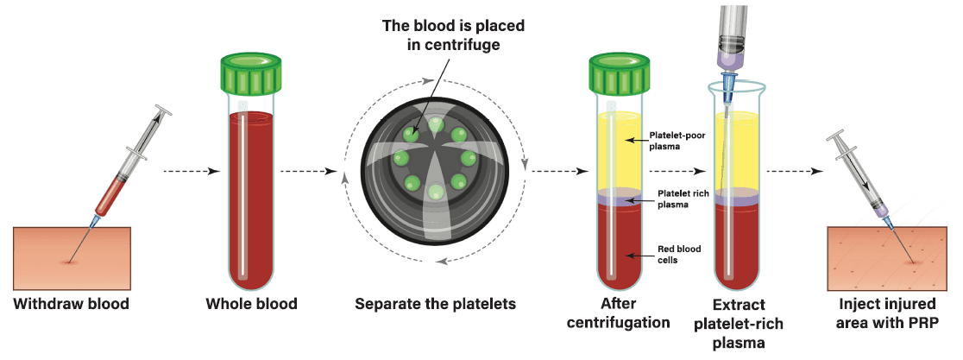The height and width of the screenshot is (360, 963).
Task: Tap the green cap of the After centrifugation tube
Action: click(620, 75)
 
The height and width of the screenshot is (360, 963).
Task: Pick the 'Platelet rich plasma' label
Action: click(683, 199)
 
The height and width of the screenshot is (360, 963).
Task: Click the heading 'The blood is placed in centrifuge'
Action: click(453, 34)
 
